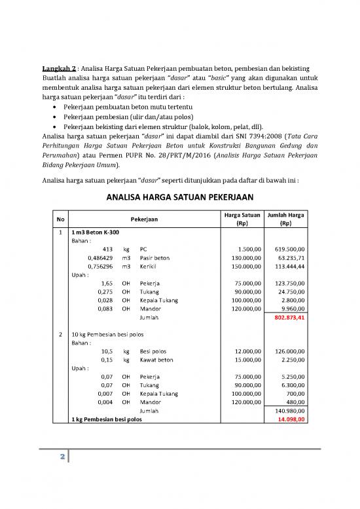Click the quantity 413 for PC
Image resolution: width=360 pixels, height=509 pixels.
[x=109, y=250]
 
